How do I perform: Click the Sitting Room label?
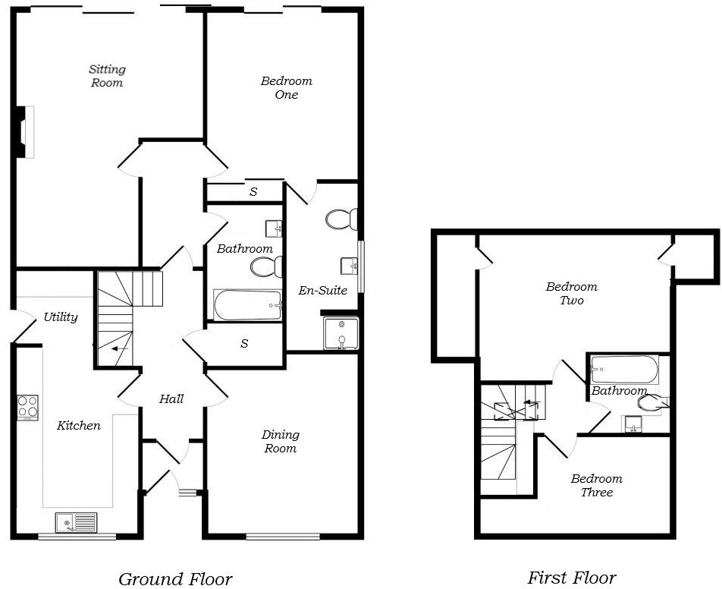click(x=107, y=76)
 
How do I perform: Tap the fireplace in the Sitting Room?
click(x=26, y=131)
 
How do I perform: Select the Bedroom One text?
click(x=286, y=88)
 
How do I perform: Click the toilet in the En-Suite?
click(x=342, y=220)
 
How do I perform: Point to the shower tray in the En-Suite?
click(x=340, y=332)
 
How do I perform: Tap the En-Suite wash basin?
click(x=350, y=266)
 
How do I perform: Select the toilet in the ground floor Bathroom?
click(x=268, y=267)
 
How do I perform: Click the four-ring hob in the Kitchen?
click(x=28, y=408)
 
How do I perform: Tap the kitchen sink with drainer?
click(x=76, y=522)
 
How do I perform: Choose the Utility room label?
click(x=61, y=317)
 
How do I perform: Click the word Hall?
click(x=171, y=399)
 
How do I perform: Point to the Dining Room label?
click(x=280, y=442)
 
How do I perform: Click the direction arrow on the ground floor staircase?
click(x=118, y=349)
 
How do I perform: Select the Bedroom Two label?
click(x=572, y=294)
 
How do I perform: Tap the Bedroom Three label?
click(x=597, y=486)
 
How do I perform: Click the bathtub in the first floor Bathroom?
click(x=624, y=370)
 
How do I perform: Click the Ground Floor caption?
click(x=175, y=579)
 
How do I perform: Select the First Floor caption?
click(x=572, y=578)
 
